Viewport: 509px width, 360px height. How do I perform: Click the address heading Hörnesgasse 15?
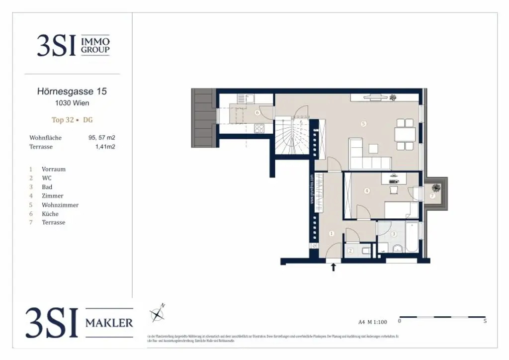click(72, 91)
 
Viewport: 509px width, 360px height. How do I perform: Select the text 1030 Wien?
click(72, 103)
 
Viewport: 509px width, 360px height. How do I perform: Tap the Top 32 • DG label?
click(72, 120)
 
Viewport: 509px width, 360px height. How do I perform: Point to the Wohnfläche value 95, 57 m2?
click(101, 138)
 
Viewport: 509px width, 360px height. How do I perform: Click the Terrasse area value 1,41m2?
click(105, 147)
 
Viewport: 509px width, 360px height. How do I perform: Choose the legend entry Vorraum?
click(53, 169)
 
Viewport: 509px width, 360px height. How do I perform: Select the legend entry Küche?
click(50, 214)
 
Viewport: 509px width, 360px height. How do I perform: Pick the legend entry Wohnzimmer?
click(60, 205)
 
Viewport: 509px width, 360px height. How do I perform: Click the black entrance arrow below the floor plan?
click(334, 268)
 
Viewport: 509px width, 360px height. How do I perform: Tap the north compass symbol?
click(158, 313)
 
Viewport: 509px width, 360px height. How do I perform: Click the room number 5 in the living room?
click(364, 124)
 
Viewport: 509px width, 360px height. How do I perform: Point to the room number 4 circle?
click(367, 190)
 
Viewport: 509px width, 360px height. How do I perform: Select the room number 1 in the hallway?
click(332, 233)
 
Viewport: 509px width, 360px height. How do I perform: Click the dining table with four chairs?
click(405, 135)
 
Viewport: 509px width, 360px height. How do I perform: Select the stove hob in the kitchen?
click(259, 128)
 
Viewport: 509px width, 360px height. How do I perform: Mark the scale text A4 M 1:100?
click(373, 322)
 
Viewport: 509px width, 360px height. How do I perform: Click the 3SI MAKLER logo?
click(80, 322)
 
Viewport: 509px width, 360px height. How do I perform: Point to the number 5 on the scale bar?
click(485, 321)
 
